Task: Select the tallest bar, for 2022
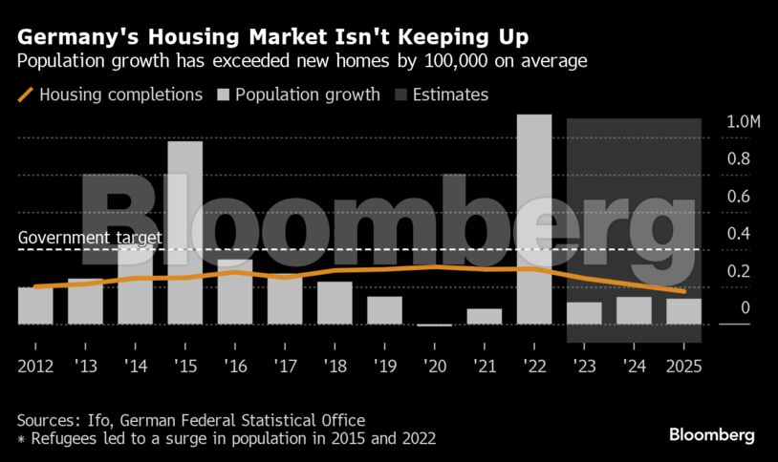pos(534,220)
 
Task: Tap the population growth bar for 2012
pos(35,305)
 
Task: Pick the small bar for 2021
pos(485,316)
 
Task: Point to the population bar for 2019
pos(384,310)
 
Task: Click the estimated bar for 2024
pos(635,310)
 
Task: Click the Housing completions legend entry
pos(111,95)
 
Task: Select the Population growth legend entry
pos(298,95)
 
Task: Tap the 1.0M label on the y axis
pos(718,123)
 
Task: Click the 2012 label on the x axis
pos(35,366)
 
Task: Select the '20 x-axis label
pos(435,366)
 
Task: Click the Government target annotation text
pos(90,239)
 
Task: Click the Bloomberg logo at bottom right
pos(711,435)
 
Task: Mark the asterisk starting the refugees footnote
pos(21,439)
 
